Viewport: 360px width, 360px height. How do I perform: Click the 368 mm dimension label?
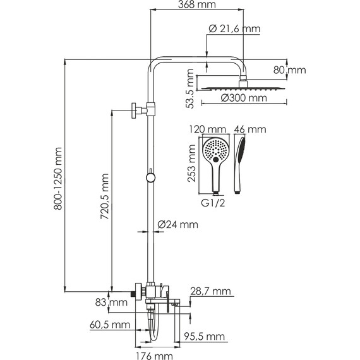point(197,4)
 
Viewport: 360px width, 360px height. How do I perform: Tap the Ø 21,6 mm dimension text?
point(235,29)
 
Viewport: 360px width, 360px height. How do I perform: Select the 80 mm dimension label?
point(290,70)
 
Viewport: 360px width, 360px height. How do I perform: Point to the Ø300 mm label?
point(244,98)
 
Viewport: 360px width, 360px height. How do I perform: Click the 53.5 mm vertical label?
point(190,88)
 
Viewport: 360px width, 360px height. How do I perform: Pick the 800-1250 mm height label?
point(57,179)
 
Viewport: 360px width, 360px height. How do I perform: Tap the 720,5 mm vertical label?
point(104,196)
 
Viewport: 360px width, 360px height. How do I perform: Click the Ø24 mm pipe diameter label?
point(177,224)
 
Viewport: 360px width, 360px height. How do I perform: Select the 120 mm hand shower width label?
point(208,129)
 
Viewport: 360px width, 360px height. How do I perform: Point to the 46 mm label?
point(250,129)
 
